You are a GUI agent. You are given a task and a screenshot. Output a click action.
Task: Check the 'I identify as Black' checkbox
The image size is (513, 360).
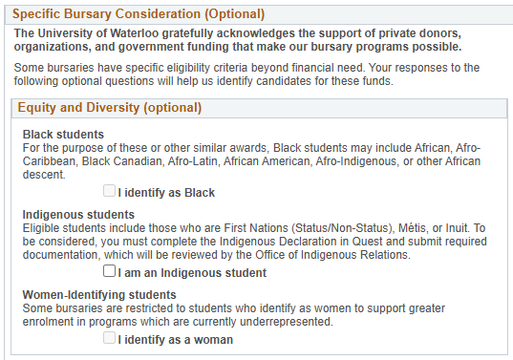[110, 192]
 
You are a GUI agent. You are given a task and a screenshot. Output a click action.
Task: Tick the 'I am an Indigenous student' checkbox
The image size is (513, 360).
[110, 272]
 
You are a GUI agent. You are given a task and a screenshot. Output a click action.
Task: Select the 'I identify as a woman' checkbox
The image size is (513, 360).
[110, 339]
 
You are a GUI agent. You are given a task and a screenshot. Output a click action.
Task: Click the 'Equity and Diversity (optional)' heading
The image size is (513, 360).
[109, 108]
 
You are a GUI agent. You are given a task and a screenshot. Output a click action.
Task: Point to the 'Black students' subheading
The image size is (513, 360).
[64, 134]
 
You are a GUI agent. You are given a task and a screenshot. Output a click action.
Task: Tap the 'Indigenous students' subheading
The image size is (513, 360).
[79, 214]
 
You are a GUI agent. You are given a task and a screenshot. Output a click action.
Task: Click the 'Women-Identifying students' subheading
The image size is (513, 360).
[99, 294]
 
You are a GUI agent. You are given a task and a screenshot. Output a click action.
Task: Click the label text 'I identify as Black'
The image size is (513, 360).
[166, 193]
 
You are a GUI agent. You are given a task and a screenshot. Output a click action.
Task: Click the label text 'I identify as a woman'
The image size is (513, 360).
[175, 340]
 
